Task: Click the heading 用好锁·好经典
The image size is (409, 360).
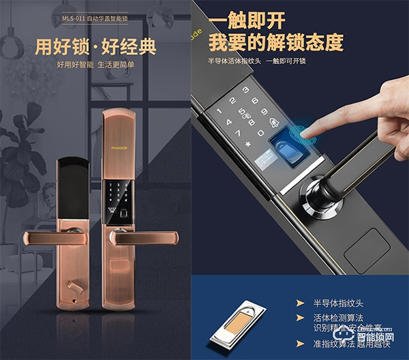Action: click(95, 48)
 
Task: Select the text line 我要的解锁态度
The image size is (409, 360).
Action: click(277, 43)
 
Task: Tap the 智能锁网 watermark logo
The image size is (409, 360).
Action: click(382, 336)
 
